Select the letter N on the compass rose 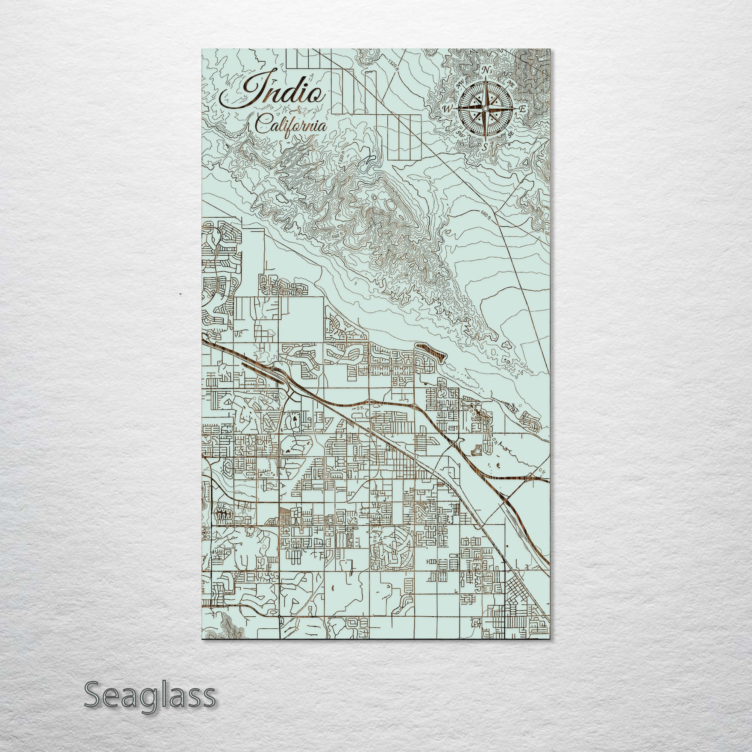pos(485,70)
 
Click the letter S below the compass pos(485,147)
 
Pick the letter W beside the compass pos(447,109)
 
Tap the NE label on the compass pos(511,83)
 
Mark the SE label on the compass pos(511,134)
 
